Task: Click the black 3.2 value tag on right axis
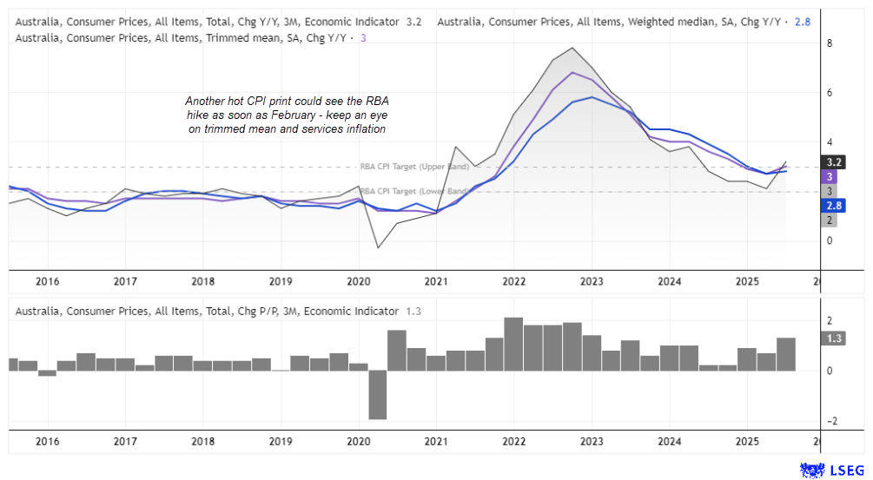pyautogui.click(x=832, y=161)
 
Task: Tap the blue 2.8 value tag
pyautogui.click(x=832, y=206)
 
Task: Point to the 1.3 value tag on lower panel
pyautogui.click(x=832, y=339)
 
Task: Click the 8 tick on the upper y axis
pyautogui.click(x=830, y=43)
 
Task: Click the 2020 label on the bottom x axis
pyautogui.click(x=359, y=441)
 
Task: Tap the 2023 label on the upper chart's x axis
pyautogui.click(x=592, y=281)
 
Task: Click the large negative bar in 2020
pyautogui.click(x=377, y=395)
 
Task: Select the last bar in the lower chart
pyautogui.click(x=786, y=354)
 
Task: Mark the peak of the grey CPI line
pyautogui.click(x=572, y=48)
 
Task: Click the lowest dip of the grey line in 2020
pyautogui.click(x=379, y=248)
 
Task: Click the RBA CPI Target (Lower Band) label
pyautogui.click(x=414, y=191)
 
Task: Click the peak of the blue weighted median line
pyautogui.click(x=592, y=96)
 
